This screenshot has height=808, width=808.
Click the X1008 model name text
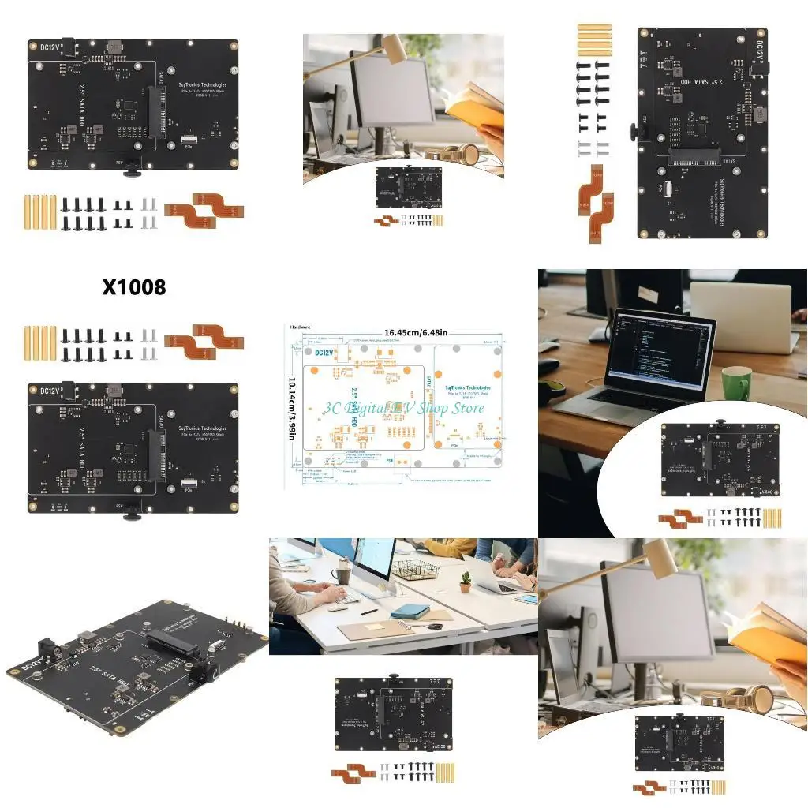coord(134,287)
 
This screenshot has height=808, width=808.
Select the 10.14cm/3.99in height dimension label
coord(292,410)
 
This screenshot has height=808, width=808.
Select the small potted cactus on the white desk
coord(466,582)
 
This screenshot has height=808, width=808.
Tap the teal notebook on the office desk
coord(410,611)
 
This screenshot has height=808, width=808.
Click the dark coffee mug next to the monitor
coord(343,571)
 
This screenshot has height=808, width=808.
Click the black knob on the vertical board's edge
coord(634,131)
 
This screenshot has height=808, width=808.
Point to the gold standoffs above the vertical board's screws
coord(594,40)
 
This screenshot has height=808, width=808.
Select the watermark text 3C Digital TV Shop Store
coord(402,408)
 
